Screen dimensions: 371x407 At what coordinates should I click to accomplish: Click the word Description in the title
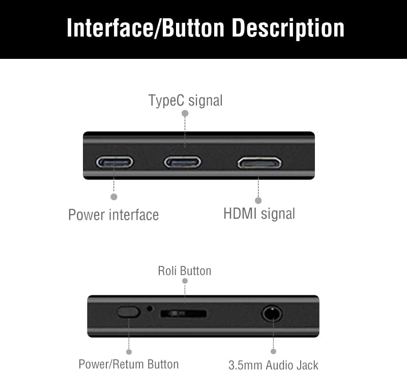288,28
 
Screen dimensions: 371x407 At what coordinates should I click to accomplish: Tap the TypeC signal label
185,100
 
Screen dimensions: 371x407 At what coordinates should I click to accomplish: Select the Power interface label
113,215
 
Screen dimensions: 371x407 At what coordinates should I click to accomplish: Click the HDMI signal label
259,213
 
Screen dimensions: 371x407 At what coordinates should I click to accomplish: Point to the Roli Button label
184,271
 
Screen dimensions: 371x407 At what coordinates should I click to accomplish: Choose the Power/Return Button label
129,364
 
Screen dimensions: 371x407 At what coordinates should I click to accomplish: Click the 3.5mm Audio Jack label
273,364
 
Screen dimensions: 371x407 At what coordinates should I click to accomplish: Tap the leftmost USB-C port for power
114,162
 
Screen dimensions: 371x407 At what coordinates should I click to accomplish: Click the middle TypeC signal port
182,162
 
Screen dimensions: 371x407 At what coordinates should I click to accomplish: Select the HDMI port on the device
259,163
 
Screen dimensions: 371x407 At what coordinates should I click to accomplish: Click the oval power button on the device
128,312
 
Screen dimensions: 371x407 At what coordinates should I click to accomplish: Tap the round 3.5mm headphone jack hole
272,313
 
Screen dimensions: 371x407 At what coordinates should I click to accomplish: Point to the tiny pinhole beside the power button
150,308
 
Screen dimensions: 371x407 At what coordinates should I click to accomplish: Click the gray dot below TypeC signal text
185,114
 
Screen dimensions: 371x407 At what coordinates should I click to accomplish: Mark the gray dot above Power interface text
114,196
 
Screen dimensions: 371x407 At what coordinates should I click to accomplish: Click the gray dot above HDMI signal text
258,200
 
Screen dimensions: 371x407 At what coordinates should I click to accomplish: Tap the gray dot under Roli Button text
185,281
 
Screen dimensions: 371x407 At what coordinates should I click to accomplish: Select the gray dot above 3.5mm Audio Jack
273,351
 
